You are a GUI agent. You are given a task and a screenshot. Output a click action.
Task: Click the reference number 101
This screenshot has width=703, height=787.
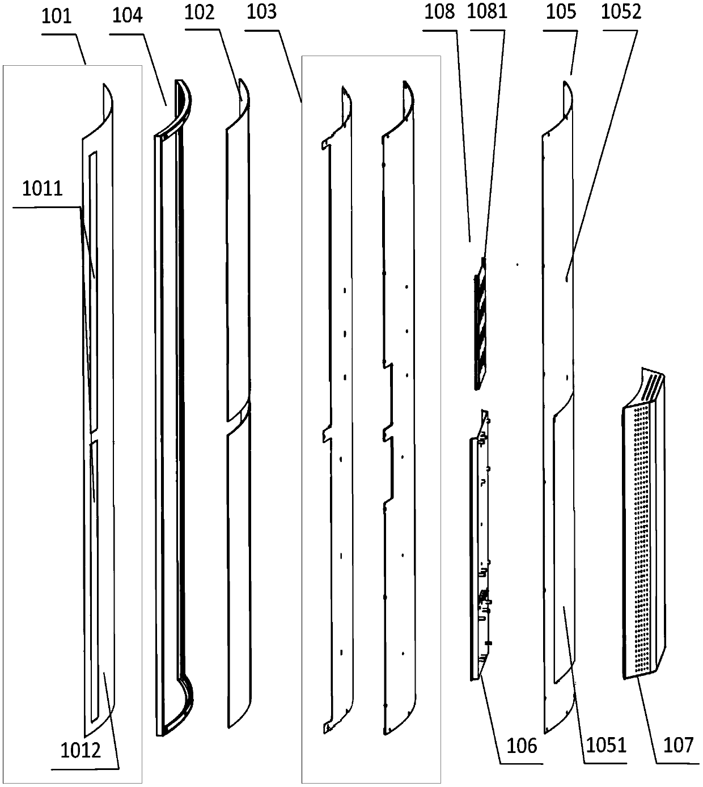pyautogui.click(x=57, y=16)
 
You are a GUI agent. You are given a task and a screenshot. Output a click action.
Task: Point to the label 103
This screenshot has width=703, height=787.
pyautogui.click(x=262, y=12)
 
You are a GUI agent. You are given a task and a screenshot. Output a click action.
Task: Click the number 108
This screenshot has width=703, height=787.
pyautogui.click(x=439, y=12)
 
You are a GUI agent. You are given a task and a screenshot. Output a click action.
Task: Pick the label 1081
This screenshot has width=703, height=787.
pyautogui.click(x=486, y=12)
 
